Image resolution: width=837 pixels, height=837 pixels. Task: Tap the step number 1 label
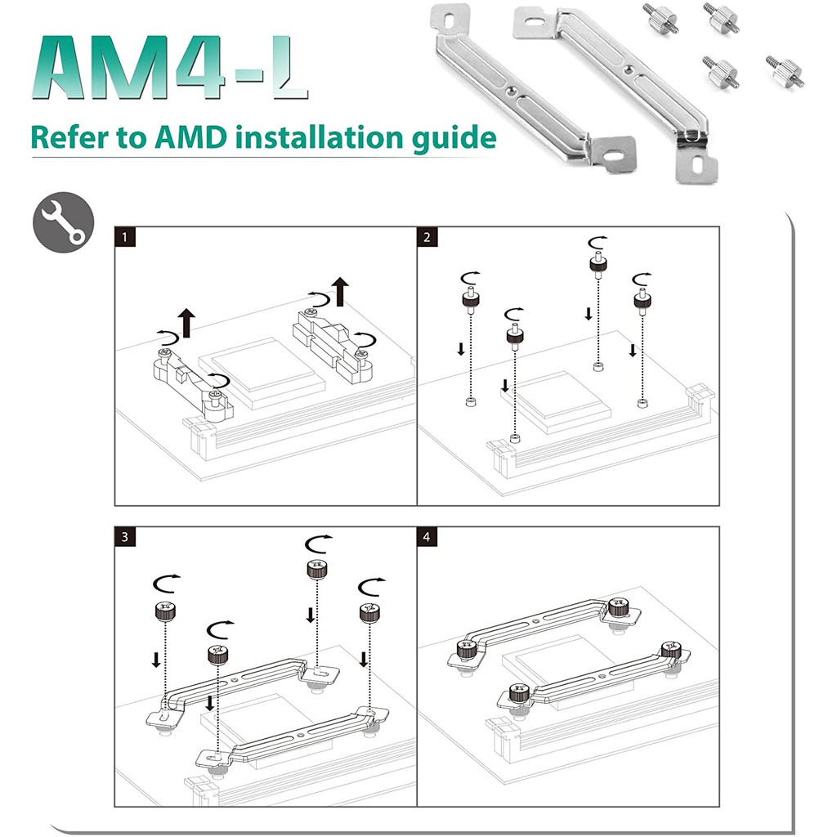(x=124, y=238)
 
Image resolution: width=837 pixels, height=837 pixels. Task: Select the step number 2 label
(x=427, y=238)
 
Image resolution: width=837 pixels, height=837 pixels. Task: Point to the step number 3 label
(x=124, y=537)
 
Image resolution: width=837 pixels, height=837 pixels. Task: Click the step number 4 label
(x=427, y=537)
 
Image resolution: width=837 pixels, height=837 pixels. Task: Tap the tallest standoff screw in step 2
(x=598, y=264)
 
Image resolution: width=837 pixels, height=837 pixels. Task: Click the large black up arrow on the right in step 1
(x=340, y=291)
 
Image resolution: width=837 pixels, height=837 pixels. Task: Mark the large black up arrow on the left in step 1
(x=188, y=322)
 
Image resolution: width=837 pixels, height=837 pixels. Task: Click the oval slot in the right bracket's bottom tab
(x=696, y=163)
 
